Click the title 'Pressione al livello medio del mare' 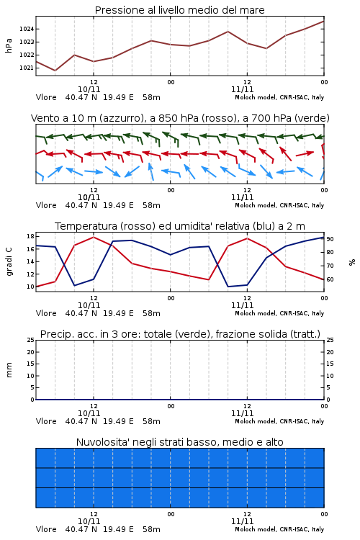(x=179, y=10)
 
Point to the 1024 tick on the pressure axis (x=27, y=29)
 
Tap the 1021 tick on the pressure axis (x=27, y=68)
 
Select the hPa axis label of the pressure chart (x=9, y=45)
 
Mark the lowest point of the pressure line (x=55, y=71)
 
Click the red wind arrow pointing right (x=305, y=153)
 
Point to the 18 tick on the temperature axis (x=30, y=236)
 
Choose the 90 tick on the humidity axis (x=330, y=239)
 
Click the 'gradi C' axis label (x=9, y=262)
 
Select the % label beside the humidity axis (x=352, y=262)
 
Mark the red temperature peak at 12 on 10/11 (x=94, y=237)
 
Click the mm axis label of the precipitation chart (x=9, y=370)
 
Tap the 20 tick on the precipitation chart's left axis (x=30, y=352)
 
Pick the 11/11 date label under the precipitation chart (x=242, y=413)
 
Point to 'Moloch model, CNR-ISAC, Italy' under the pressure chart (x=279, y=97)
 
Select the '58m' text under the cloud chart (x=152, y=529)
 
